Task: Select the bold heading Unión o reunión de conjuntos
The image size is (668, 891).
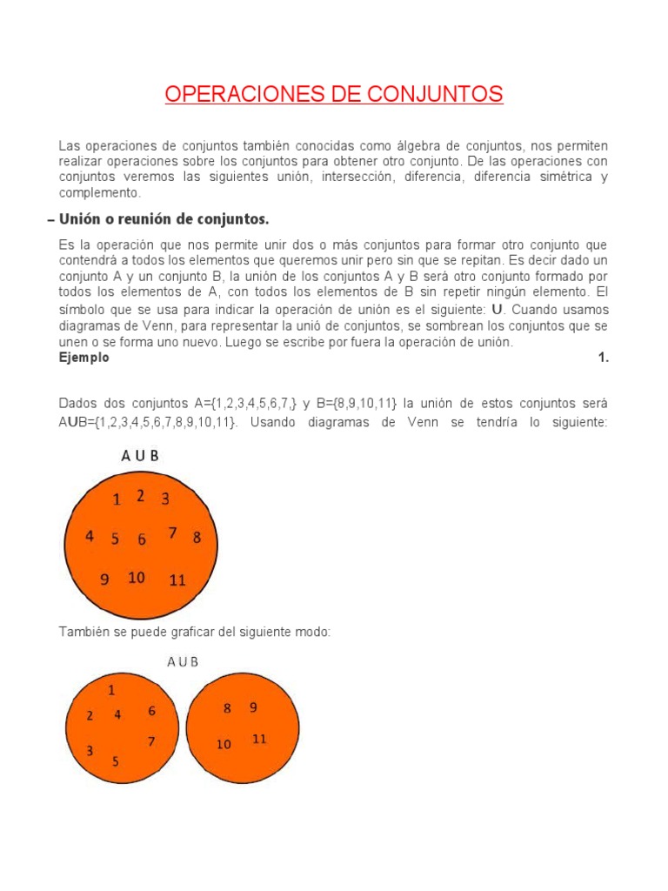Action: point(163,218)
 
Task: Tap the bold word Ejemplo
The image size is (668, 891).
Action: point(83,358)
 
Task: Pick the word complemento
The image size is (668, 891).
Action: point(98,192)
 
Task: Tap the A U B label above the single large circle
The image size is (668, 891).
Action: point(139,456)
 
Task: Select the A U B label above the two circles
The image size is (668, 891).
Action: point(183,661)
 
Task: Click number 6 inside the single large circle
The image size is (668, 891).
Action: point(142,539)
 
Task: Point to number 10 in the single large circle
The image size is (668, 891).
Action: point(137,578)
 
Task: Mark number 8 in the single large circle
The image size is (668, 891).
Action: point(197,538)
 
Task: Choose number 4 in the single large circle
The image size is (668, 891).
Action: point(90,537)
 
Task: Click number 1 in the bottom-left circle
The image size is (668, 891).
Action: point(111,690)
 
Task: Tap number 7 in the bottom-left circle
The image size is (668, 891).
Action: point(151,741)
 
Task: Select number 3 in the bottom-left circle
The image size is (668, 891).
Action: point(90,750)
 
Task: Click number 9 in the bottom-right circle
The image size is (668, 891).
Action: point(253,707)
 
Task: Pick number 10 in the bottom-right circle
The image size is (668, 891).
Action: point(224,744)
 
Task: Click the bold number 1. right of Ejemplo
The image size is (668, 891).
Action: point(603,358)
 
